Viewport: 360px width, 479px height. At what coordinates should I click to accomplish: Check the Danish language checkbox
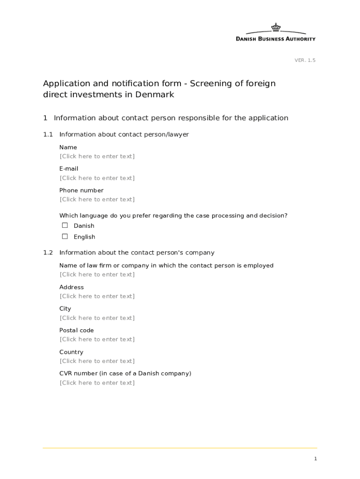65,225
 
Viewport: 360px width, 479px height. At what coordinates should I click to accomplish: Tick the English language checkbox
65,237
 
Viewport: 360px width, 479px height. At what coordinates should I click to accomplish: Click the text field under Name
97,156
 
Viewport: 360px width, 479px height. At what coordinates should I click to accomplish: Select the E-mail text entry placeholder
97,178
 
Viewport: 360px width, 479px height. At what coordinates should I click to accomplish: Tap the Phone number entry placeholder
97,200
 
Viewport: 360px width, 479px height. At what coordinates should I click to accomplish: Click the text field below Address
97,296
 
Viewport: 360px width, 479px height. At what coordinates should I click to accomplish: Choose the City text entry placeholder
97,318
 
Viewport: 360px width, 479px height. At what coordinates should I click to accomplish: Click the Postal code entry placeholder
97,340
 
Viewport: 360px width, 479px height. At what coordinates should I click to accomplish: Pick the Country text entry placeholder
97,361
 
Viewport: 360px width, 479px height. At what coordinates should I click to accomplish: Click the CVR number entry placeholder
97,383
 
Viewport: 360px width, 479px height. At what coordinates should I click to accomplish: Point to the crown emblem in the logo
276,27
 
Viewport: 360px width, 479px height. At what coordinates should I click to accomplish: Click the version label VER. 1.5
305,60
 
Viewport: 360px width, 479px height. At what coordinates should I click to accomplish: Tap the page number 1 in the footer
316,459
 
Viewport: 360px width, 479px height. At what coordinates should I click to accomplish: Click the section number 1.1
48,135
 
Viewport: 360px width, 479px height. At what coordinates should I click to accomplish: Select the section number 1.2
48,253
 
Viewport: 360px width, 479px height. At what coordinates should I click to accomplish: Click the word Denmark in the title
154,94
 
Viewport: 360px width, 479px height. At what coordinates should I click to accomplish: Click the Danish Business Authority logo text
275,39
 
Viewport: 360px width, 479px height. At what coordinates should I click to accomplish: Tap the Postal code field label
76,330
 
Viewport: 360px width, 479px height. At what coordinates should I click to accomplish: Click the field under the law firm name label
97,275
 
